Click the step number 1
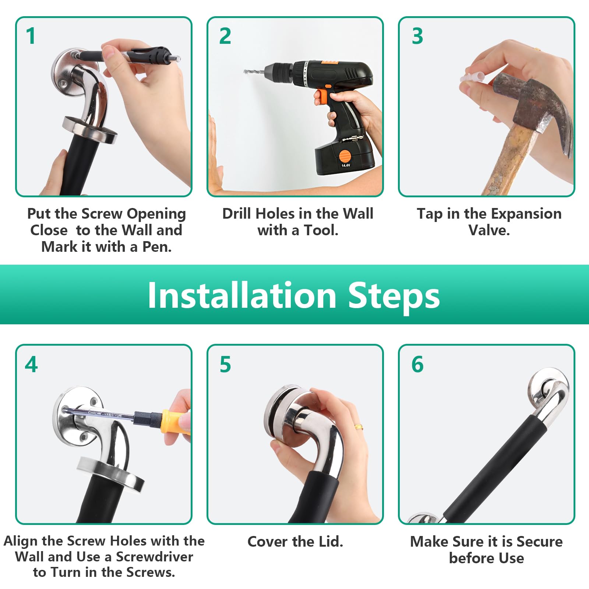(31, 36)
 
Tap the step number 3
(417, 36)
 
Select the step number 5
(225, 364)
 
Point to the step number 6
(417, 364)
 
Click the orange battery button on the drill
(345, 156)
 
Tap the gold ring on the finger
(359, 427)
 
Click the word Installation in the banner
(242, 295)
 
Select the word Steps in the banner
(394, 297)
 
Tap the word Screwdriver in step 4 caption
(155, 557)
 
